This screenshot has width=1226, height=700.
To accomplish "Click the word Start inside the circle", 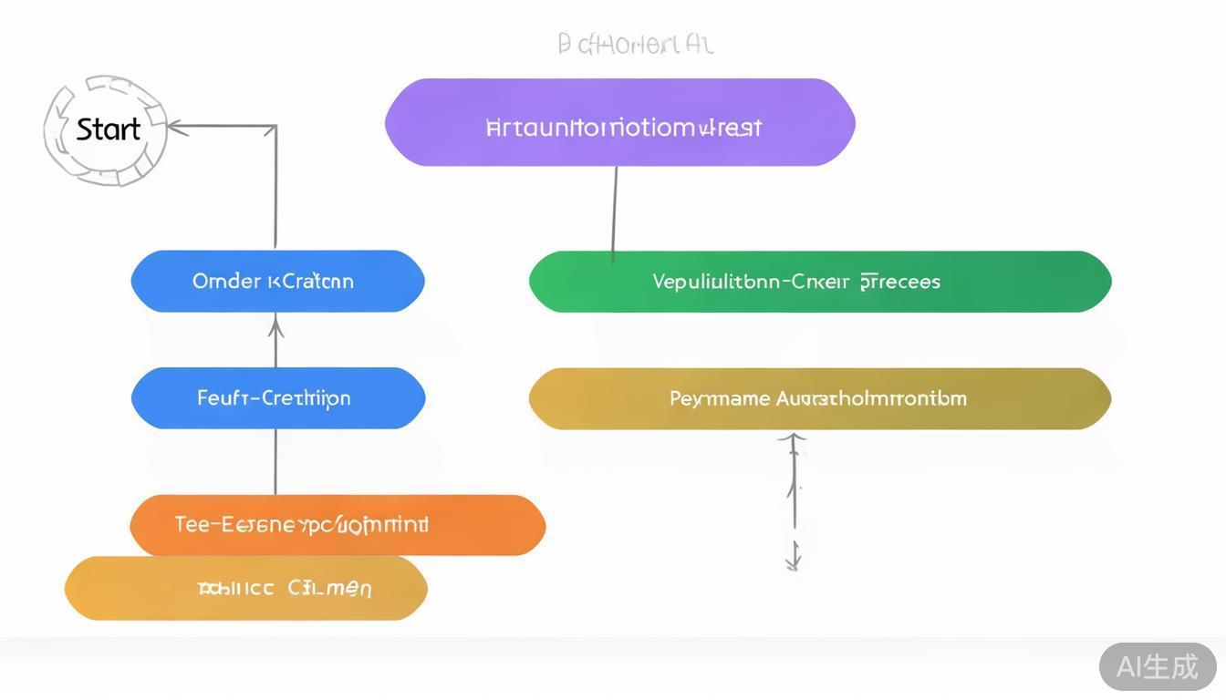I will coord(108,129).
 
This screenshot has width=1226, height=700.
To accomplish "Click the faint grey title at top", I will coord(635,44).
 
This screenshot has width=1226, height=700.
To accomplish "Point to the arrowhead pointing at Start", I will coord(177,128).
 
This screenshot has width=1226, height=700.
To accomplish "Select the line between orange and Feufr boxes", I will coord(275,461).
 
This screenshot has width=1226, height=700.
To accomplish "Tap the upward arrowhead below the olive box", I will coord(793,441).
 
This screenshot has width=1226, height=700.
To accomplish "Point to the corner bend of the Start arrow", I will coord(275,128).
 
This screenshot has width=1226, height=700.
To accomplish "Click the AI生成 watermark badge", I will coord(1158,666).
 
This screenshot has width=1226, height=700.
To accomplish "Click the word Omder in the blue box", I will coord(226,281).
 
